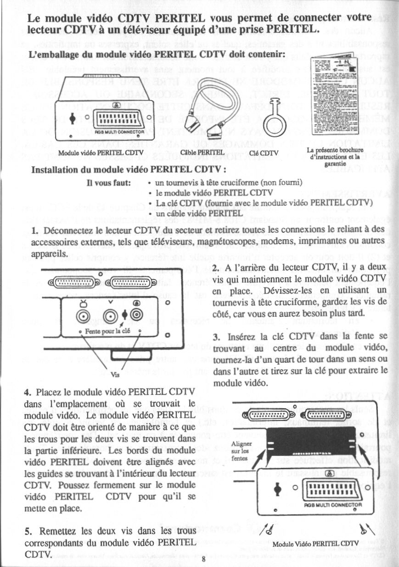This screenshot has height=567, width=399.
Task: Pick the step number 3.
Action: (215, 336)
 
